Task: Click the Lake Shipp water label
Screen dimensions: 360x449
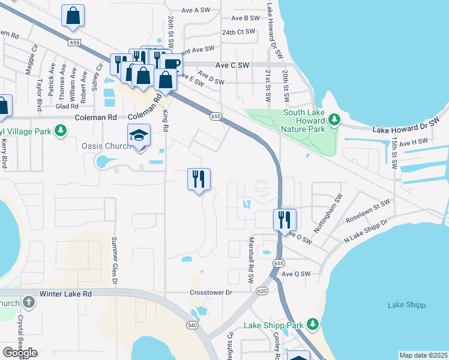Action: coord(406,305)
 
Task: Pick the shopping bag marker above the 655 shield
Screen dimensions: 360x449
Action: coord(73,16)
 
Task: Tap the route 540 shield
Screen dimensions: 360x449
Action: coord(192,325)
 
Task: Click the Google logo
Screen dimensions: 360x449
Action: coord(20,352)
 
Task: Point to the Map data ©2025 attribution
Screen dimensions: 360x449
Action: coord(423,355)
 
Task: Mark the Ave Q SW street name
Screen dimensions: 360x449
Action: coord(297,274)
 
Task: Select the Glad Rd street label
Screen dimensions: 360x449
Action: coord(63,106)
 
